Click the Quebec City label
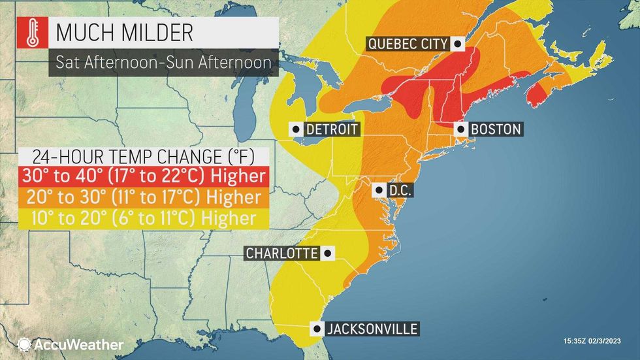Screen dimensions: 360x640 [x=408, y=44]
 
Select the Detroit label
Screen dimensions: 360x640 [x=332, y=129]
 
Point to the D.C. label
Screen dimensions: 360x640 [x=396, y=191]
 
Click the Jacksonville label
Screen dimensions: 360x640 [x=372, y=329]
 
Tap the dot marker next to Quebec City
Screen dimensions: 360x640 [x=458, y=44]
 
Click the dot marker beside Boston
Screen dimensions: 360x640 [x=459, y=129]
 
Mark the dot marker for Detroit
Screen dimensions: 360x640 [x=298, y=129]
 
